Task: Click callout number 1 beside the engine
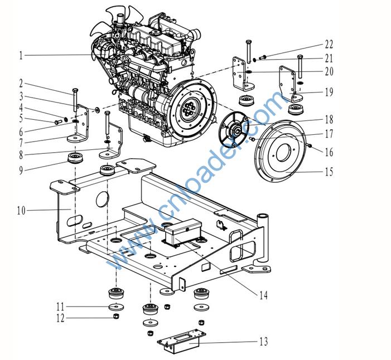coord(21,55)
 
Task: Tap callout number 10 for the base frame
coord(21,211)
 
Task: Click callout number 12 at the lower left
coord(60,318)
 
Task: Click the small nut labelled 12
coord(115,317)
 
